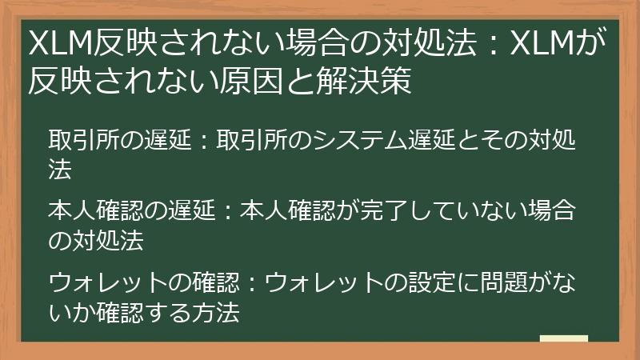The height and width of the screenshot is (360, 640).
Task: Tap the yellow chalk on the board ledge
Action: tap(563, 338)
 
